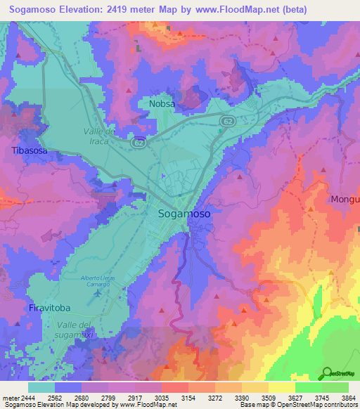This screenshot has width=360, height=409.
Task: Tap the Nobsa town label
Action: [x=162, y=104]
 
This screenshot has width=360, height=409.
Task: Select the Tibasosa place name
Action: [x=29, y=150]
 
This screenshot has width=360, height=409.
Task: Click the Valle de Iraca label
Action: [x=99, y=136]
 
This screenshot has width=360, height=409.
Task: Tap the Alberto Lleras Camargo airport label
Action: [x=99, y=282]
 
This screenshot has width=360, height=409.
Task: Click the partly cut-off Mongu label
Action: [x=345, y=200]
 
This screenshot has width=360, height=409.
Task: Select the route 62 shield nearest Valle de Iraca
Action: [x=139, y=142]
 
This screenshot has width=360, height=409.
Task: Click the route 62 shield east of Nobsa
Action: [x=226, y=122]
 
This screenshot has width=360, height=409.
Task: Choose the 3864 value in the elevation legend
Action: [x=348, y=397]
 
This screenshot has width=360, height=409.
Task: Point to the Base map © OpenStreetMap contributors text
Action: [x=299, y=405]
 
